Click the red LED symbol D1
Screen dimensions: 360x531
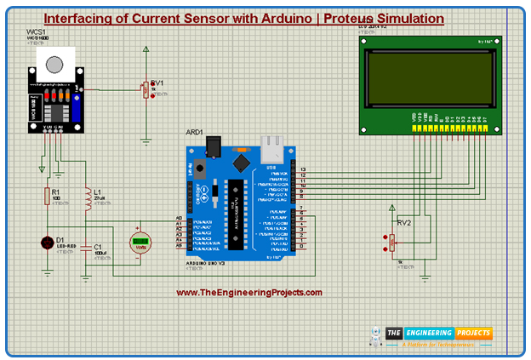coord(46,243)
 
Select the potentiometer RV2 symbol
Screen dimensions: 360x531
coord(391,242)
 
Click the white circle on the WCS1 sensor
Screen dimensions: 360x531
coord(55,66)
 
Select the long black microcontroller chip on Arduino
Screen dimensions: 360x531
coord(237,204)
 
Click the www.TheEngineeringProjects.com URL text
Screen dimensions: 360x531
coord(249,293)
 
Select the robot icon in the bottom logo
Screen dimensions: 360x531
coord(375,336)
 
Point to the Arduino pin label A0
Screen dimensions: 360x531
coord(179,218)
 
